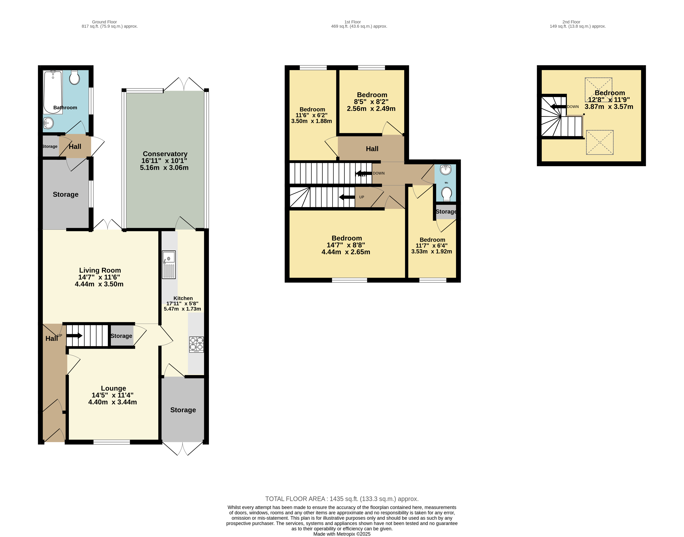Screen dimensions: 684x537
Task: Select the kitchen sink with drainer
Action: [x=169, y=265]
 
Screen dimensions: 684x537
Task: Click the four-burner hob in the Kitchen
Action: [x=196, y=344]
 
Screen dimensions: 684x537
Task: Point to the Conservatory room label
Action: [x=165, y=154]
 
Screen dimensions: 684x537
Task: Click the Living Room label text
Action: [x=100, y=270]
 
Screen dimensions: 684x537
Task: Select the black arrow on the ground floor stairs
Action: [x=74, y=336]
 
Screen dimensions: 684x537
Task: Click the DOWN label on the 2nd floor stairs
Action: [x=573, y=107]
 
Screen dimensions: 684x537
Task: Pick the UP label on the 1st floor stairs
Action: [x=362, y=197]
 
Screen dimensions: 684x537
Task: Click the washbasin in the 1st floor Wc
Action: [x=446, y=170]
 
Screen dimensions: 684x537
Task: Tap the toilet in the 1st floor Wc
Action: [x=446, y=194]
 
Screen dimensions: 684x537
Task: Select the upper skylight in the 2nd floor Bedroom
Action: [x=598, y=90]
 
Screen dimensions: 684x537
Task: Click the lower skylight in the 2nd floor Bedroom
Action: [x=600, y=142]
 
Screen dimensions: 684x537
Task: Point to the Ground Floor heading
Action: [x=105, y=22]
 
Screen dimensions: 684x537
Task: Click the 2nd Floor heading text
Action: [x=571, y=22]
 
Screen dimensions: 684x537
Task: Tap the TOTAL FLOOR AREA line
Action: [x=342, y=499]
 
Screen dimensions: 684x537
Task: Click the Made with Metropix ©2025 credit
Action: [x=342, y=534]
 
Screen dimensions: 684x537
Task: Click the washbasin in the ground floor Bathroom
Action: [x=48, y=123]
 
